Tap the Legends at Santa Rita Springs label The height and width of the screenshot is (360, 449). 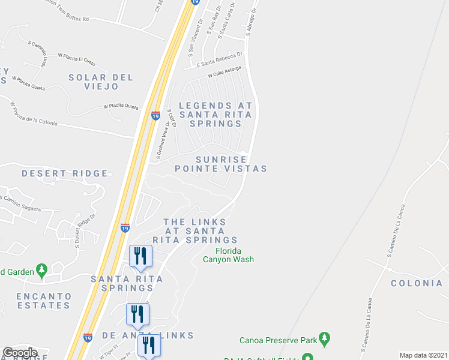[x=215, y=115]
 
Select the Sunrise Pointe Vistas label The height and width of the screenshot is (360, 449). [x=221, y=164]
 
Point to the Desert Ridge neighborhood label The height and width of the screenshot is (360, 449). [x=65, y=173]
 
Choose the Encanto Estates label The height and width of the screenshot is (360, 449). [x=43, y=301]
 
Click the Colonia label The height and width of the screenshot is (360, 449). [x=417, y=283]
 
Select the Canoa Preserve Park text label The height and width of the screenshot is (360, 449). [x=278, y=340]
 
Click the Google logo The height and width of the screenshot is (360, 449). [x=20, y=353]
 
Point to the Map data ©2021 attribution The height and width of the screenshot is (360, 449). [x=423, y=355]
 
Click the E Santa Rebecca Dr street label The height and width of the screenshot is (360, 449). [x=221, y=58]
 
